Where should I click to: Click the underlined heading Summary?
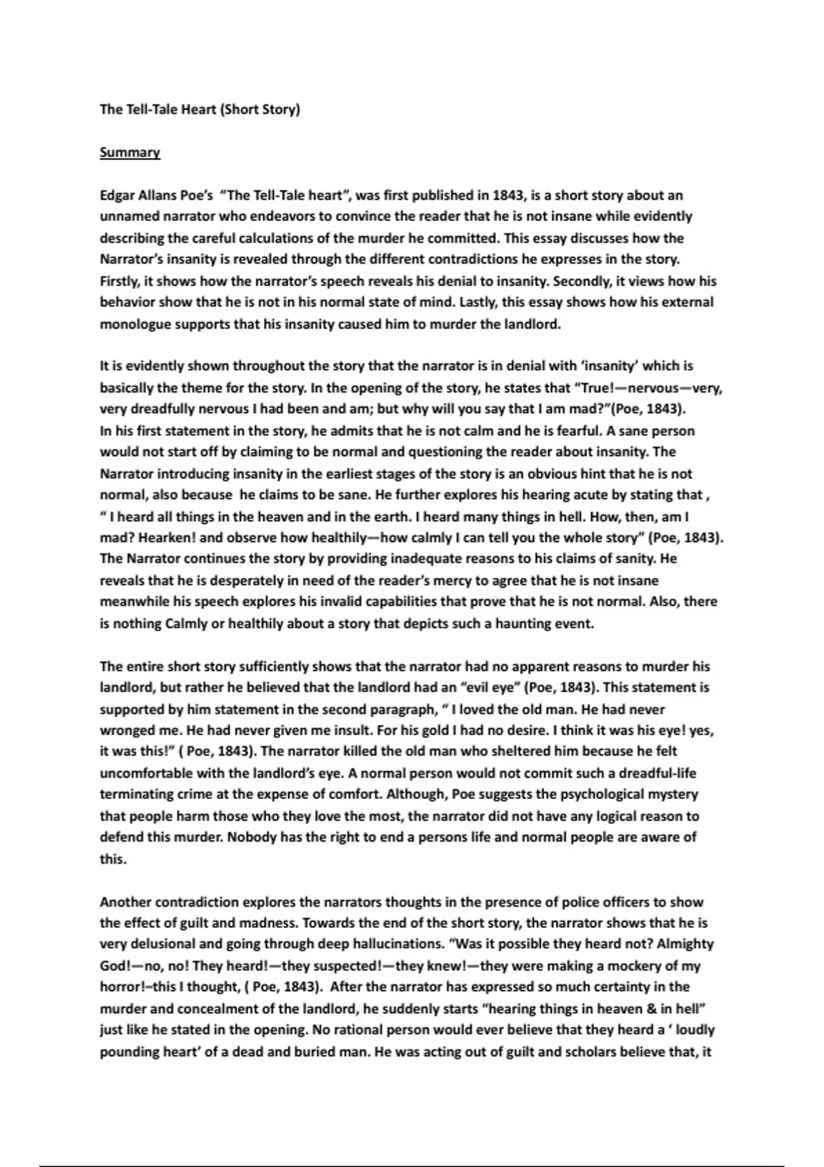[x=130, y=152]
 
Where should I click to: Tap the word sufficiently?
[x=273, y=666]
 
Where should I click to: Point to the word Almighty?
[x=685, y=944]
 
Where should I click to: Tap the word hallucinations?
[x=386, y=944]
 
